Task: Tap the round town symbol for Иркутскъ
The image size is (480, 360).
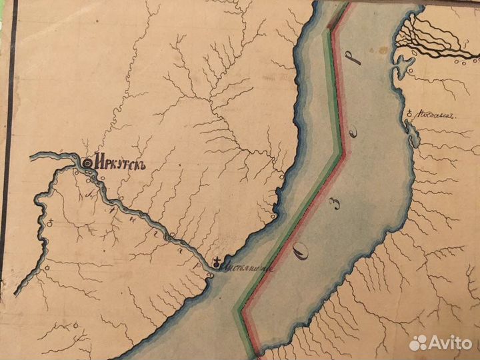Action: tap(87, 161)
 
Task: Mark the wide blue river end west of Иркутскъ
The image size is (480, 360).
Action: tap(40, 157)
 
